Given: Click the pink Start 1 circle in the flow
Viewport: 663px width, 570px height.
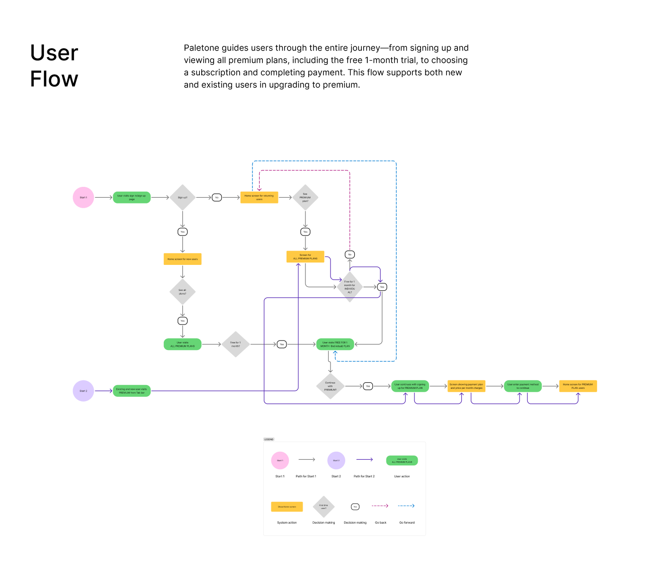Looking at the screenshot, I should pos(83,197).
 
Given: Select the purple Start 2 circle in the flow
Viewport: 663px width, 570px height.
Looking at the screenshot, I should pos(83,391).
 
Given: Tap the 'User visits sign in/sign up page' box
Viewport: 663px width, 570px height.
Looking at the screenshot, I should pos(132,197).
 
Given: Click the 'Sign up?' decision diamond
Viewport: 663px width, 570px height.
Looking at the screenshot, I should pos(182,197).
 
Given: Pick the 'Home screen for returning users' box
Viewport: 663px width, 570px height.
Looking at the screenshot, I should pos(259,197).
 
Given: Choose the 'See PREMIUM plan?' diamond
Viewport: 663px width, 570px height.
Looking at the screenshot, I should pos(305,197).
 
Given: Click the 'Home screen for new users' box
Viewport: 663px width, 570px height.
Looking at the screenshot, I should pos(182,259).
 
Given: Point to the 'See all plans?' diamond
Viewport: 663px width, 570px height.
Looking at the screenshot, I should pos(182,292).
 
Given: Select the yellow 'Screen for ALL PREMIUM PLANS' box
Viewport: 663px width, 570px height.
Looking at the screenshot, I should pos(305,256).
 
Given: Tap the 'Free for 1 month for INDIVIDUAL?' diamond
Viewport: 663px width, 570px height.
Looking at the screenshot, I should pos(349,287).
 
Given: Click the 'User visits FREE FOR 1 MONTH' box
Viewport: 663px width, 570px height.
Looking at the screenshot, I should pos(335,344).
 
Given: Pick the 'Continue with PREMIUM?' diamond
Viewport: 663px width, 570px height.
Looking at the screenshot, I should pos(330,386).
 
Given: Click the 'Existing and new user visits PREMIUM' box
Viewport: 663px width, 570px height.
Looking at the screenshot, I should pos(132,391).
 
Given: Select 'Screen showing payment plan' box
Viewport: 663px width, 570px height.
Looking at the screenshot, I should pos(466,386).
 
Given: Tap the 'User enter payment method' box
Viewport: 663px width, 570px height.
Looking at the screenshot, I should pos(523,386).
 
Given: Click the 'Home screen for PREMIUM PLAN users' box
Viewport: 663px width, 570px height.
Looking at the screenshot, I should pos(578,386).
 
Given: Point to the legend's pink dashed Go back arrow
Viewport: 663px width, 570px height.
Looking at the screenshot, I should pos(380,506).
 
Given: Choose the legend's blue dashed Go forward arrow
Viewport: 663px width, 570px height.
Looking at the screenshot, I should pos(406,506).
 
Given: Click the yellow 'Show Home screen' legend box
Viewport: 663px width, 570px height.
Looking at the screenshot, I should pos(287,507).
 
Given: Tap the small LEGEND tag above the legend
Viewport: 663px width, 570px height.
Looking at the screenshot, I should pos(269,439).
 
